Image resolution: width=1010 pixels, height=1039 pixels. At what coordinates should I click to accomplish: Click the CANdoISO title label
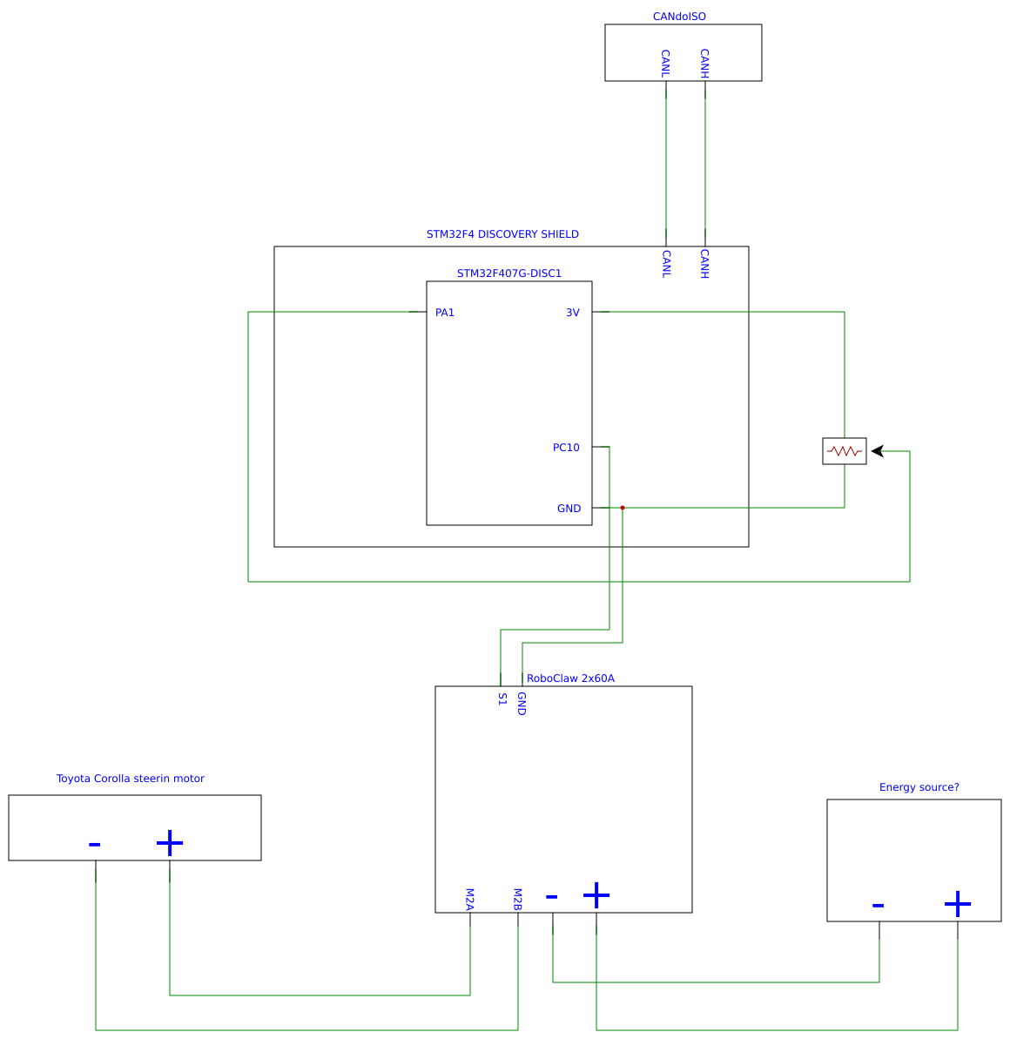[679, 17]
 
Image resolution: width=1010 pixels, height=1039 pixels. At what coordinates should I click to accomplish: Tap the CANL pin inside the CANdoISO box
[666, 64]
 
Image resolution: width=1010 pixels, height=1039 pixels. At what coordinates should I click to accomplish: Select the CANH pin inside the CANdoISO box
[705, 64]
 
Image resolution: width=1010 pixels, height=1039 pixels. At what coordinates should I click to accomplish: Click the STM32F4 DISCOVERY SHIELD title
[502, 234]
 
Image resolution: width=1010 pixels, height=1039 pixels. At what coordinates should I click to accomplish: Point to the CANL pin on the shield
[666, 264]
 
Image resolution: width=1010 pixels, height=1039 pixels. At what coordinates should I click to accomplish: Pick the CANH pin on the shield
[705, 264]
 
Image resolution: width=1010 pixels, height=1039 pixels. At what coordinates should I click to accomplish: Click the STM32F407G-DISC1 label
[509, 273]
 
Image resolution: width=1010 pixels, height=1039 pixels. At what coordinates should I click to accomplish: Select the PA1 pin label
[445, 313]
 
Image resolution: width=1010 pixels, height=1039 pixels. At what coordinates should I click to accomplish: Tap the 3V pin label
[572, 313]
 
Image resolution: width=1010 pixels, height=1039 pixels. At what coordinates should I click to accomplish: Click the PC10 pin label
[566, 448]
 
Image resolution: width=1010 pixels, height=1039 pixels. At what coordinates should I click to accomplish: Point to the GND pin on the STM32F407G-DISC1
[569, 509]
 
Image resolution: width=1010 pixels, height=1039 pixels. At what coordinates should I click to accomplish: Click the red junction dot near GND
[623, 508]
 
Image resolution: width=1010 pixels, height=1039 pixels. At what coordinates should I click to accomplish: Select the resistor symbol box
[845, 451]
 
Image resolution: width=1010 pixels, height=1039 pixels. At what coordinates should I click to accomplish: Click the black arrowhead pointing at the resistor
[878, 451]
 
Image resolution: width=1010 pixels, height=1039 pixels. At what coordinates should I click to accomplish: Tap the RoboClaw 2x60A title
[570, 678]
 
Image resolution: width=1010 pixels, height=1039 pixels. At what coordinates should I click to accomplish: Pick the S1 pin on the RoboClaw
[502, 698]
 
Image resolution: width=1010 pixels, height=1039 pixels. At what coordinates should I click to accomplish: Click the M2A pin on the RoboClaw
[469, 900]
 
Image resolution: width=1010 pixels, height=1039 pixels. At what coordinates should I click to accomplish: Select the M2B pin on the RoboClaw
[517, 900]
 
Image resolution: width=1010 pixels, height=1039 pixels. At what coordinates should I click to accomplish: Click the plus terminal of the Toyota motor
[170, 843]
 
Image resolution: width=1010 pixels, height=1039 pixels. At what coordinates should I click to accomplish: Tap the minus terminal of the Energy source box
[878, 906]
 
